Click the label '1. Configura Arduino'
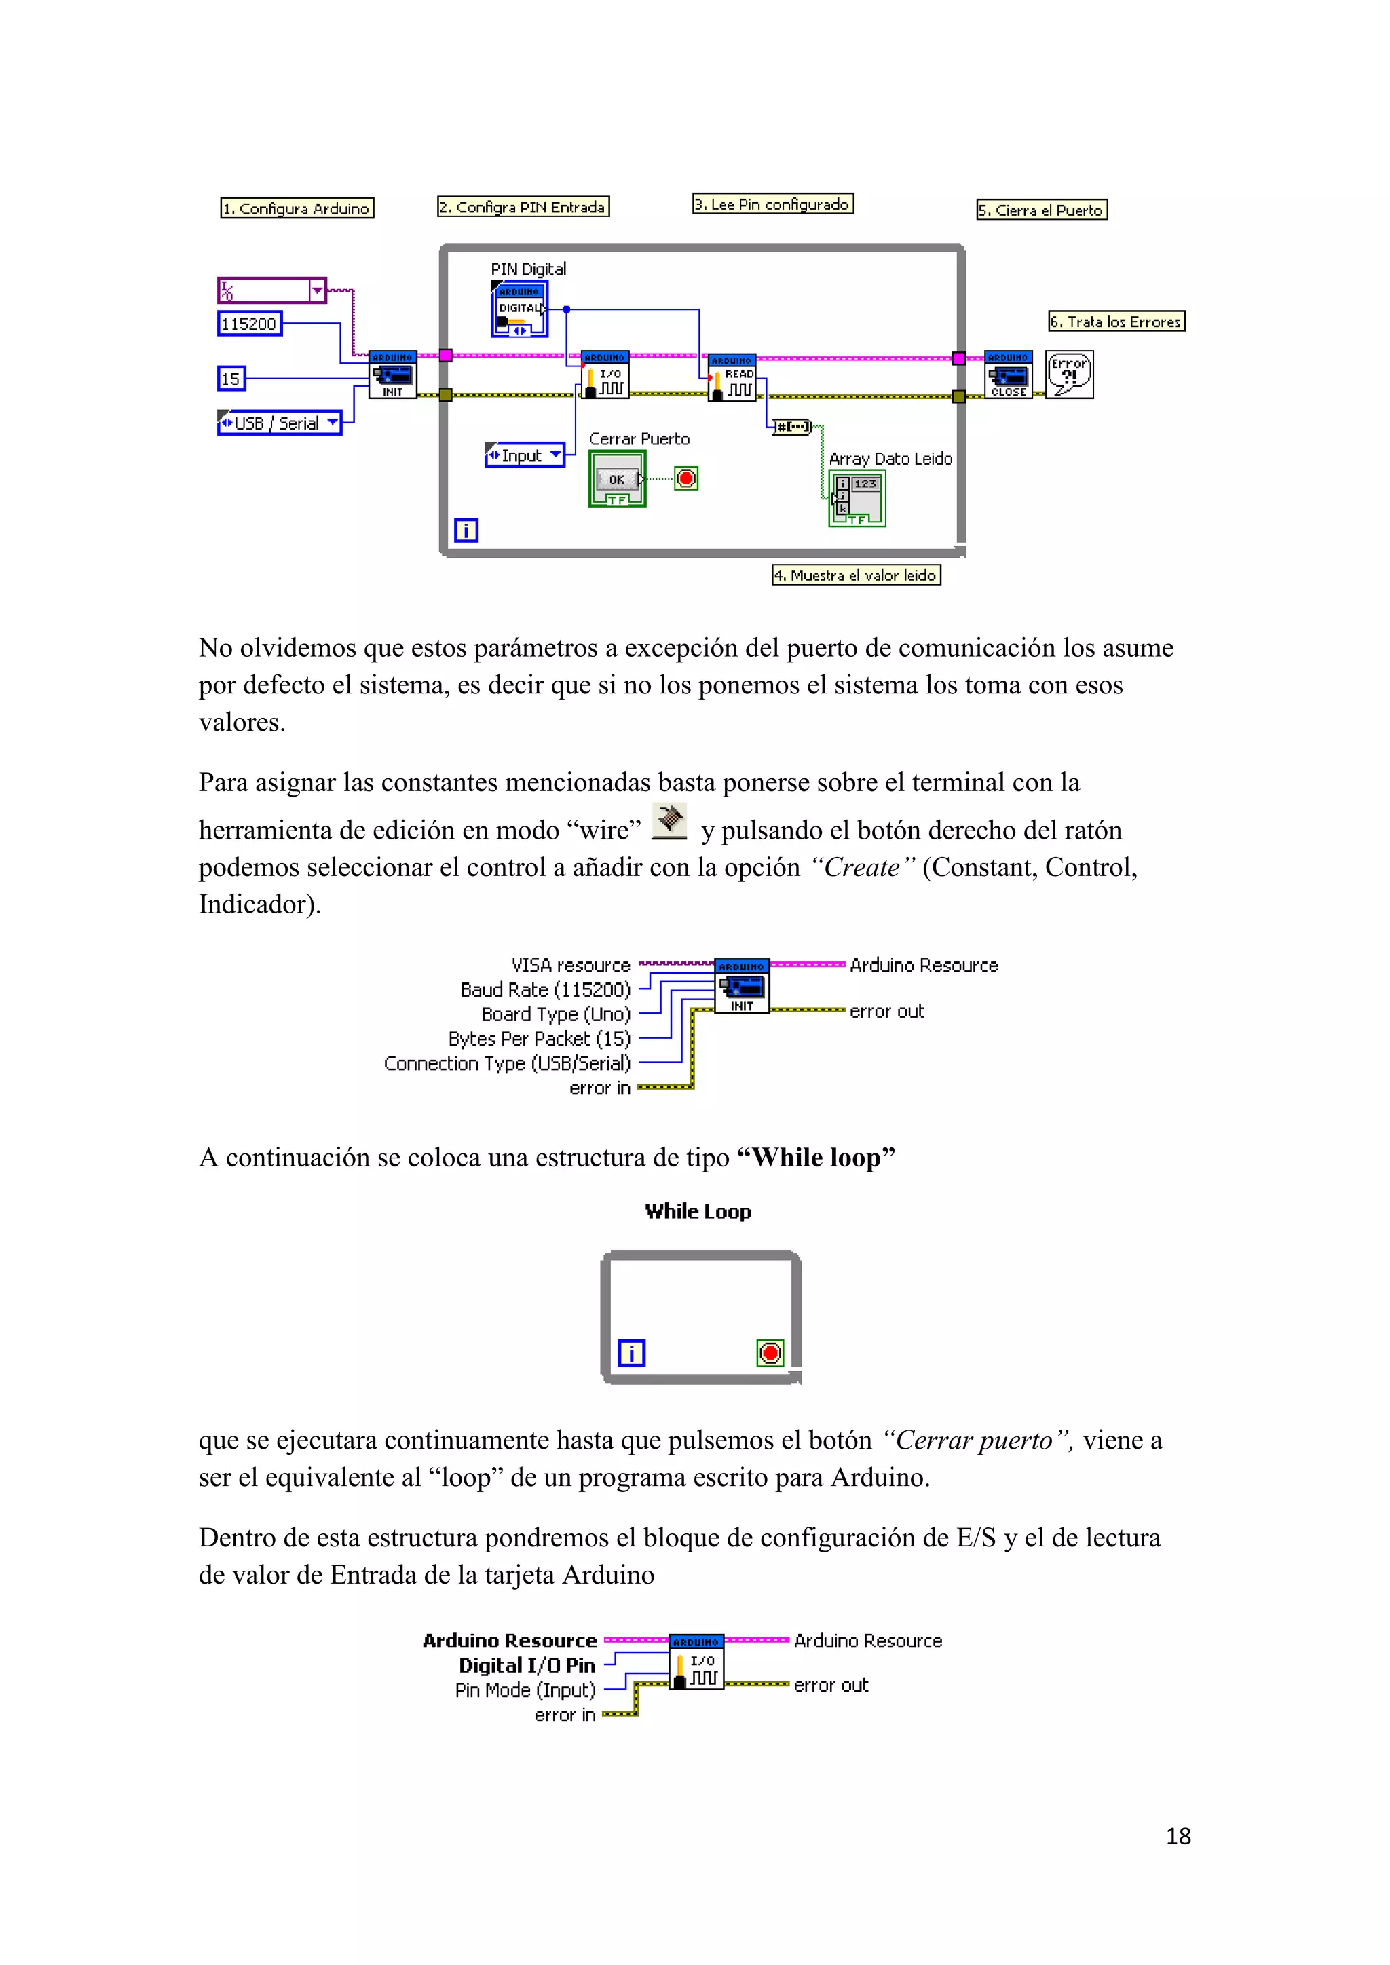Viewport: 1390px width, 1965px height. pyautogui.click(x=297, y=208)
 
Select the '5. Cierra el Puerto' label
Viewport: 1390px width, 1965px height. pyautogui.click(x=1042, y=210)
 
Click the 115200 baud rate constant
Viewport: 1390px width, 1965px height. pyautogui.click(x=249, y=324)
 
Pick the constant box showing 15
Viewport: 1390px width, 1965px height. pyautogui.click(x=231, y=379)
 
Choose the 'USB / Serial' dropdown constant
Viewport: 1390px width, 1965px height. pyautogui.click(x=279, y=423)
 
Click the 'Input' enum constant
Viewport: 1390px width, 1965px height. pyautogui.click(x=524, y=455)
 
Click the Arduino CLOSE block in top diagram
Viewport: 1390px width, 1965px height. pyautogui.click(x=1009, y=374)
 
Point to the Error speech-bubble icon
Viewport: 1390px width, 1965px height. pyautogui.click(x=1070, y=375)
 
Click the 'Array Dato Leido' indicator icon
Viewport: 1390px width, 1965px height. pyautogui.click(x=857, y=498)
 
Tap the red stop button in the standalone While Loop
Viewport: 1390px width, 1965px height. pyautogui.click(x=770, y=1353)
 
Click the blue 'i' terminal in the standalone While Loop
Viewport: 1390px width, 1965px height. pyautogui.click(x=632, y=1353)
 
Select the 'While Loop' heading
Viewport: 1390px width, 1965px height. pyautogui.click(x=698, y=1211)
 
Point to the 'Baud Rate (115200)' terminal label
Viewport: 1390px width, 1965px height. pyautogui.click(x=545, y=989)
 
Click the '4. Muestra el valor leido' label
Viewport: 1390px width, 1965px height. pyautogui.click(x=856, y=575)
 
